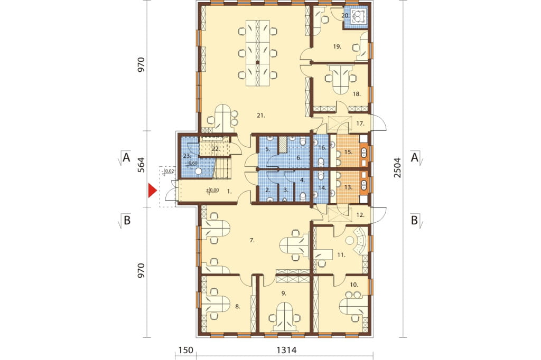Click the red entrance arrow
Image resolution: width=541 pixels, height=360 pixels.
point(153,191)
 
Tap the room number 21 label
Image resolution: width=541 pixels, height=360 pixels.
point(261,116)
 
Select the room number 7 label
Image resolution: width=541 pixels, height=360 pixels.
point(252,241)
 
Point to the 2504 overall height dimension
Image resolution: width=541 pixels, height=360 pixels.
point(397,168)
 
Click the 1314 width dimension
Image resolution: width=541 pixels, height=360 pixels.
point(286,350)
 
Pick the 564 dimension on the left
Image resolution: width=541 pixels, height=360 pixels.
point(141,167)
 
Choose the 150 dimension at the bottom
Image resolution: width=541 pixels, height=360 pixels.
point(185,350)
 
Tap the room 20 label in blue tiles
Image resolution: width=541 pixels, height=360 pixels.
point(346,15)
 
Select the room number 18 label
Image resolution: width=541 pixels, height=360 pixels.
point(357,94)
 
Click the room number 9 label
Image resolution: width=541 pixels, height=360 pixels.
point(284,293)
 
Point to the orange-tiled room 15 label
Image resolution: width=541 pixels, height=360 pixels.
point(348,151)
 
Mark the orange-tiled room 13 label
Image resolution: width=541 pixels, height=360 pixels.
point(348,187)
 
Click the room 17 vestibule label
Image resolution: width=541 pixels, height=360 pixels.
point(360,124)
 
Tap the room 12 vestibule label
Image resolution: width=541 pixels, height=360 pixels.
point(360,215)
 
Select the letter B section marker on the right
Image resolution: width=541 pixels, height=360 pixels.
point(414,220)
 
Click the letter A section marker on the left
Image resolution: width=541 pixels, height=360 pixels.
point(127,158)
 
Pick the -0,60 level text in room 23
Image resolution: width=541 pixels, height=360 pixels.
point(192,163)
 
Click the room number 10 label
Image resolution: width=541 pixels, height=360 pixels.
point(354,285)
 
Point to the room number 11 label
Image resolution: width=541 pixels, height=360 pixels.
point(341,255)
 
